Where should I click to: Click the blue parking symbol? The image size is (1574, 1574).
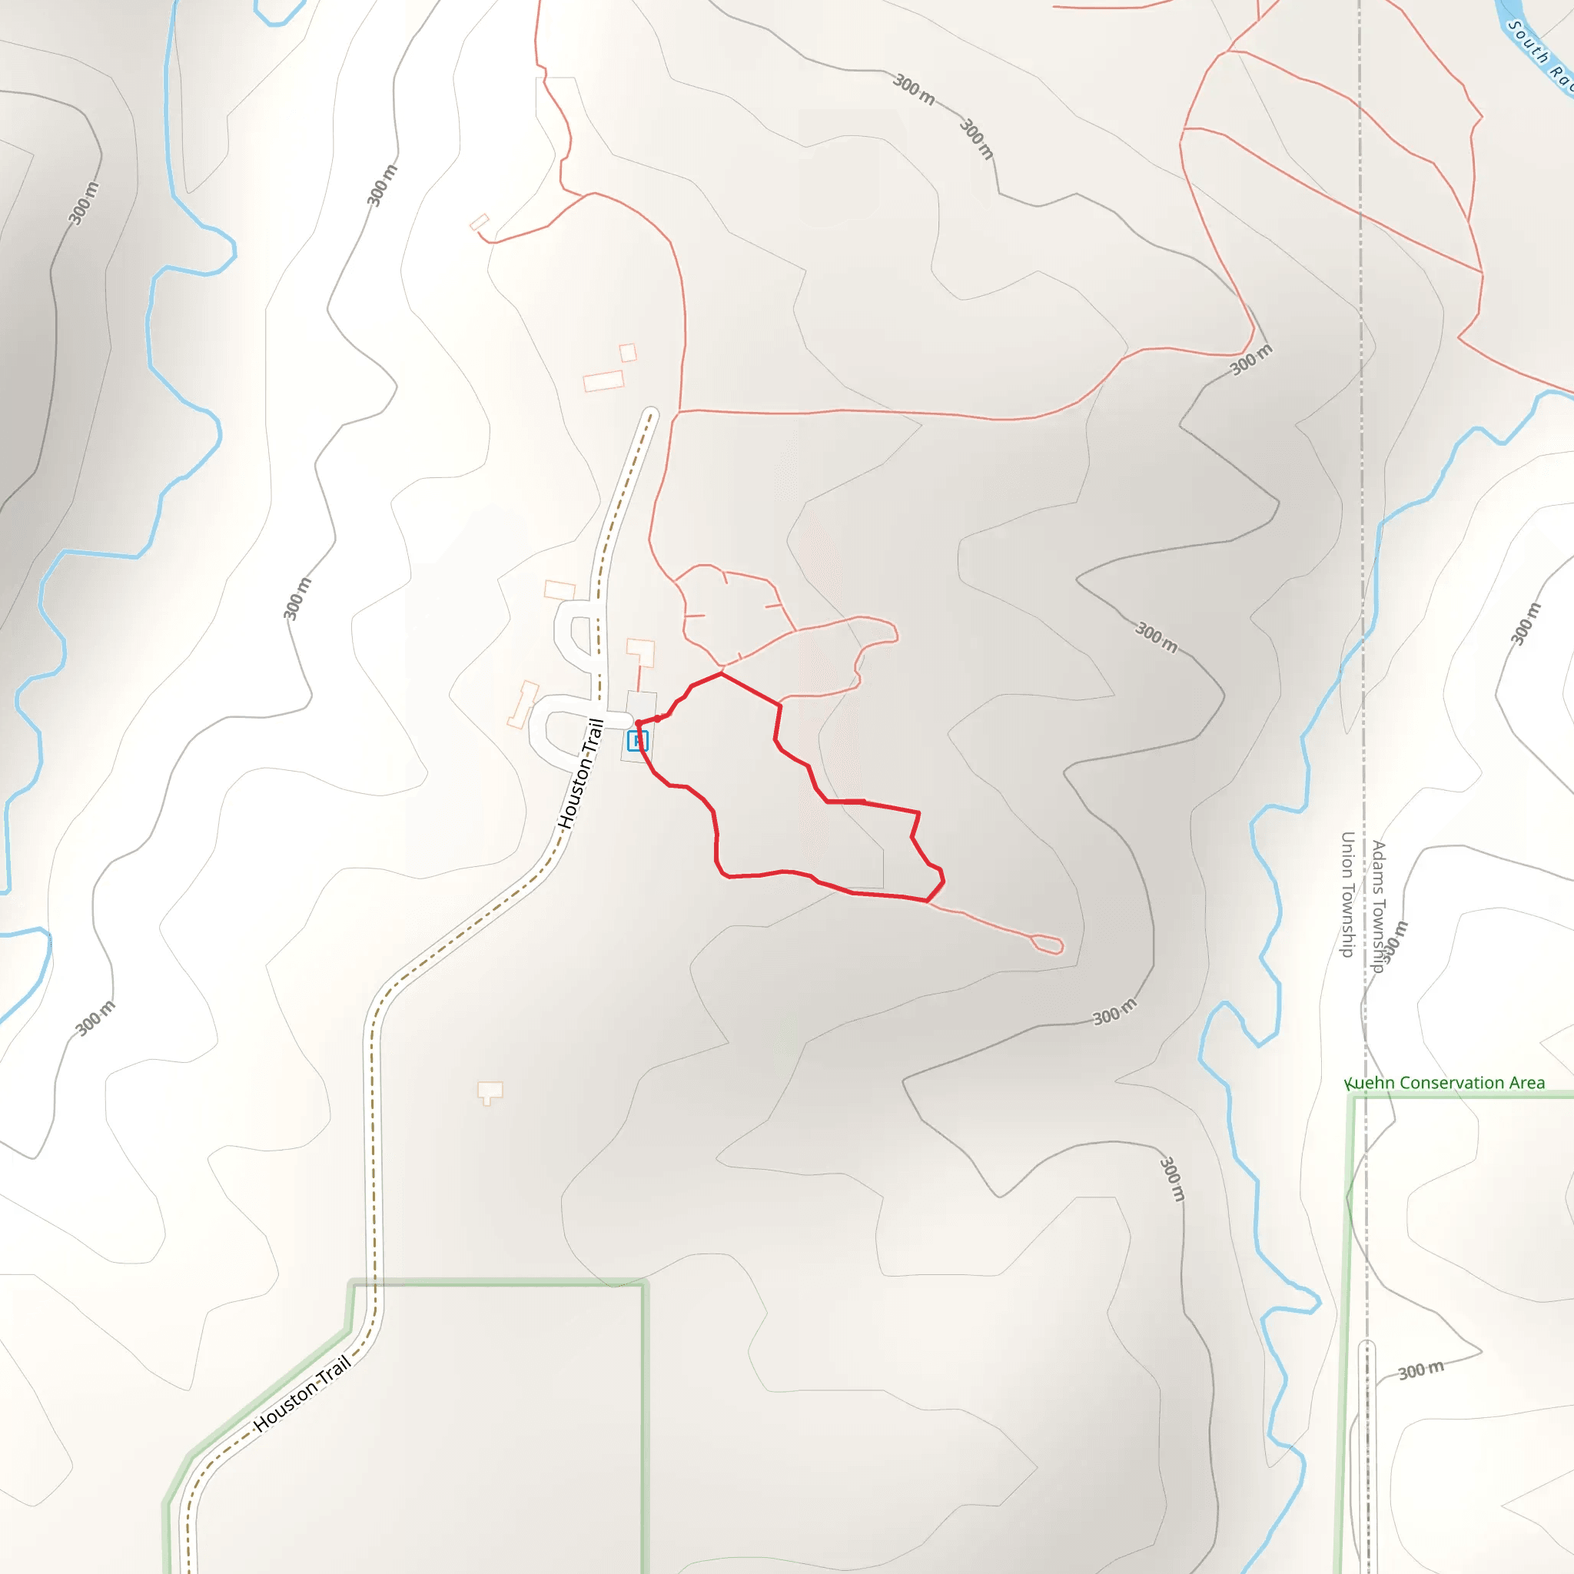(x=637, y=741)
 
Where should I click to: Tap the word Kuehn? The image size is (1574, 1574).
(x=1369, y=1083)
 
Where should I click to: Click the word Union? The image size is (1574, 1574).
(x=1347, y=852)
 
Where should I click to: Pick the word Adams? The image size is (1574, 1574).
(x=1379, y=865)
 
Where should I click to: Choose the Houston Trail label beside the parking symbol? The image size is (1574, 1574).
(x=581, y=774)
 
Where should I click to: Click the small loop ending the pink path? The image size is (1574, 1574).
(x=1048, y=945)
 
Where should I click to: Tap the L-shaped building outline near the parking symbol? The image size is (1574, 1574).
(x=641, y=651)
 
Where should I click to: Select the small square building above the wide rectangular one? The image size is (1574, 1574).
(x=627, y=353)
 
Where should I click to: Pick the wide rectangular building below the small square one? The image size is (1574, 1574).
(x=603, y=381)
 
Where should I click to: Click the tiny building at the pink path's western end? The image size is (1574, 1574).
(x=479, y=221)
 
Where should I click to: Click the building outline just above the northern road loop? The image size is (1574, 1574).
(x=560, y=589)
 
